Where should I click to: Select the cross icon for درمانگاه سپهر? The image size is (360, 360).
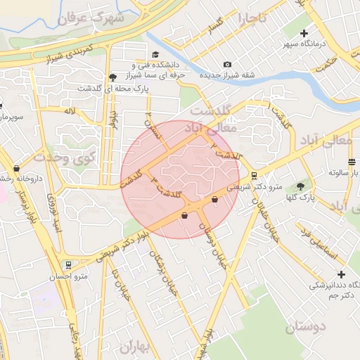[305, 32]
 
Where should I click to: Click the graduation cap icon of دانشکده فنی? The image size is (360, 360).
[156, 54]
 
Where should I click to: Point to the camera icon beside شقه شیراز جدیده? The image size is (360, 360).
[227, 65]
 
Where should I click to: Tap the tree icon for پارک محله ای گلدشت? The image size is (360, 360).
[112, 77]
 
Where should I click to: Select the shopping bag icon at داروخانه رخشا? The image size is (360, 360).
[16, 169]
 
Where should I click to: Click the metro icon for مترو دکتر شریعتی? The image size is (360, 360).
[254, 176]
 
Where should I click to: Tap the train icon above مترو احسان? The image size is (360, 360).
[68, 265]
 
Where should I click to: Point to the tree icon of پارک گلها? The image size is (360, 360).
[301, 186]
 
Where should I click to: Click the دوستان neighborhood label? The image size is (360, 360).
[307, 327]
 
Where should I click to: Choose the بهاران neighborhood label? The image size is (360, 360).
[135, 347]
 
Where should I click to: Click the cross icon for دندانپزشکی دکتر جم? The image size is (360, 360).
[342, 274]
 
